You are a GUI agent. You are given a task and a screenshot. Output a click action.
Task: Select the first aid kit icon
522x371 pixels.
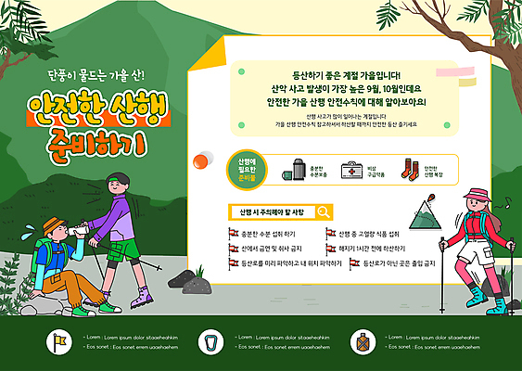(351, 170)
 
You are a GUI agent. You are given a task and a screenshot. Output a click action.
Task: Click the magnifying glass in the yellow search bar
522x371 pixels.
(324, 211)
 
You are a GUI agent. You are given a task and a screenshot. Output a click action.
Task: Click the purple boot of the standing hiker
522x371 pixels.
(140, 298)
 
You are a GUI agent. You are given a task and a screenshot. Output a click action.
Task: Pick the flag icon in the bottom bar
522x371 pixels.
(60, 341)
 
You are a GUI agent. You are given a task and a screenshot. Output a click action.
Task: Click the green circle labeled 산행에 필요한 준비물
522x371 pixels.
(246, 170)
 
